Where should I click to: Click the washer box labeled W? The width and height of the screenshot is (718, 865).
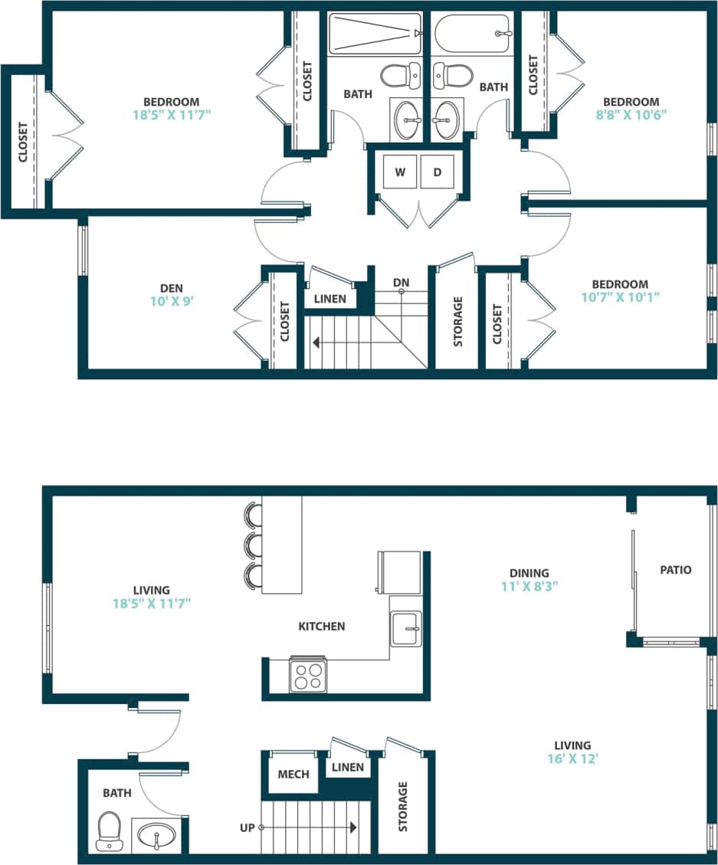point(400,172)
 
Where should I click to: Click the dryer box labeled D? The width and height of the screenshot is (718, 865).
point(438,172)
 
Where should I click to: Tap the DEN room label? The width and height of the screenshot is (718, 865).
point(172,288)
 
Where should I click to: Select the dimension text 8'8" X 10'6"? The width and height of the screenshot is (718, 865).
point(631,116)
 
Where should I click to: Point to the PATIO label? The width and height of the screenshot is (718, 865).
point(675,569)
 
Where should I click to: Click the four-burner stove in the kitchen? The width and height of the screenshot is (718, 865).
point(308,677)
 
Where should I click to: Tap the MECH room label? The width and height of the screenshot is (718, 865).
point(293,774)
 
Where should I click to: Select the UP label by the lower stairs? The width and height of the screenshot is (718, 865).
point(248,827)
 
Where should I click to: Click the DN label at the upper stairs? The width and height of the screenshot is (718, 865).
point(401,282)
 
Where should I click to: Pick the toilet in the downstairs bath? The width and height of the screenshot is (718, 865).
point(110,831)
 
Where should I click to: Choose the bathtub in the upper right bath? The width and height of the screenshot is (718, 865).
point(472,34)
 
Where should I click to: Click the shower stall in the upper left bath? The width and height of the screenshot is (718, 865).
point(375,34)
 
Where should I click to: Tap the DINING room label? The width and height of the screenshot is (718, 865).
point(529,572)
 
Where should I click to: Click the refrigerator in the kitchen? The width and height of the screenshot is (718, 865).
point(398,572)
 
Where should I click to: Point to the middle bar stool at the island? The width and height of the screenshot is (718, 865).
point(251,546)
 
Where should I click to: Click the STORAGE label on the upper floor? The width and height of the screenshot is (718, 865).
point(458,321)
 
